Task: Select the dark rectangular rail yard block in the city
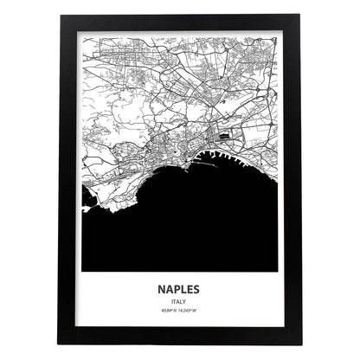point(228,135)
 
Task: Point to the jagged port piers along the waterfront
point(234,157)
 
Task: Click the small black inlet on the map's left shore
point(89,205)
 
